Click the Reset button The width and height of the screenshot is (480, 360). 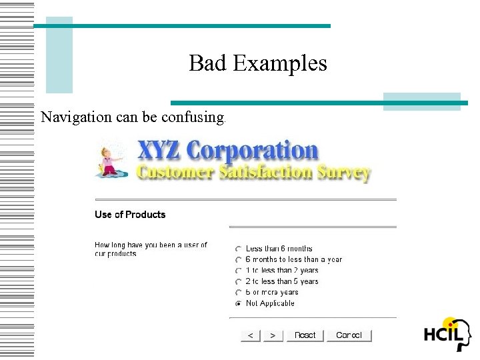(305, 335)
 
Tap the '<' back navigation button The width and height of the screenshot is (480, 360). (250, 335)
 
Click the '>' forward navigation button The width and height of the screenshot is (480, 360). (273, 335)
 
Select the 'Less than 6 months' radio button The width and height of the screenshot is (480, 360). (239, 249)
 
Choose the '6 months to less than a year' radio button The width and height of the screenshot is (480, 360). (239, 260)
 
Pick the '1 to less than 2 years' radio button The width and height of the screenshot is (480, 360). (239, 271)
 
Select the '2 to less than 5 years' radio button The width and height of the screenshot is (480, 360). (239, 282)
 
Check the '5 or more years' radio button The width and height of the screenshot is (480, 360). (239, 293)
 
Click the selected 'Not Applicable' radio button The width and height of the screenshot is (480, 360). (239, 303)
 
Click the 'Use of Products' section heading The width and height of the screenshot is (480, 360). (130, 215)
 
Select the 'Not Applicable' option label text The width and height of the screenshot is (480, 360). (270, 303)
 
